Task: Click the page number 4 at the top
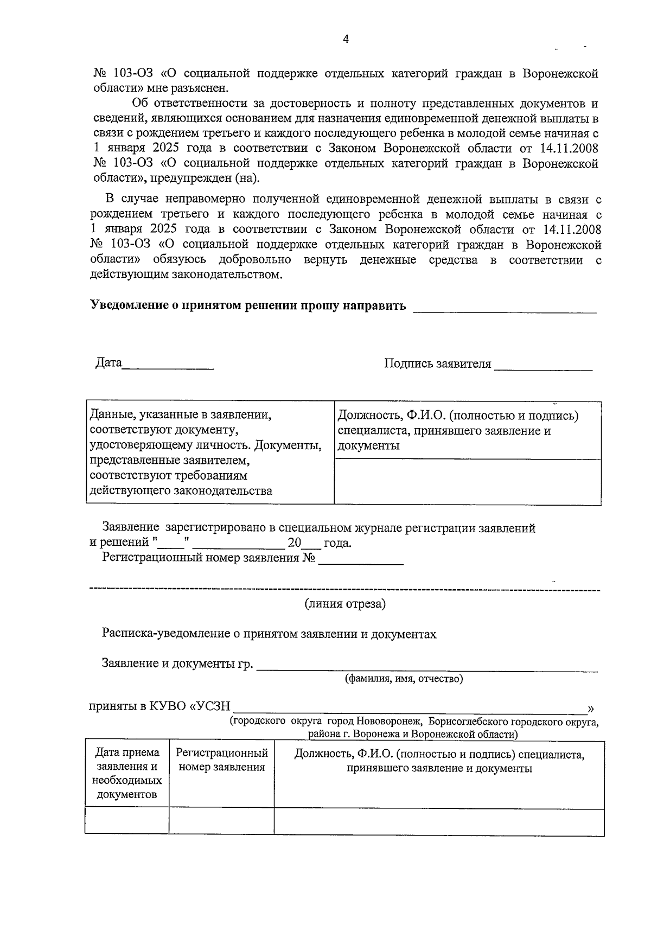point(346,39)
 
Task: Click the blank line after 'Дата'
point(168,368)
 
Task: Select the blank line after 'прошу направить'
point(505,311)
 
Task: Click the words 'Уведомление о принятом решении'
point(184,305)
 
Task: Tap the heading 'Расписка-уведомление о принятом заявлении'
point(269,634)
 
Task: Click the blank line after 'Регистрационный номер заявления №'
point(361,564)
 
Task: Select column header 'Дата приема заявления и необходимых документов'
point(127,774)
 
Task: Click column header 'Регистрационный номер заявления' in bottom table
point(221,760)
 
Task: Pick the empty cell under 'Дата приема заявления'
point(127,821)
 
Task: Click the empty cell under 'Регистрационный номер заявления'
point(221,821)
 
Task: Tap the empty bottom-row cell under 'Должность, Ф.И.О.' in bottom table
point(438,821)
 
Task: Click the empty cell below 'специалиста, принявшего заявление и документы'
point(467,482)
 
